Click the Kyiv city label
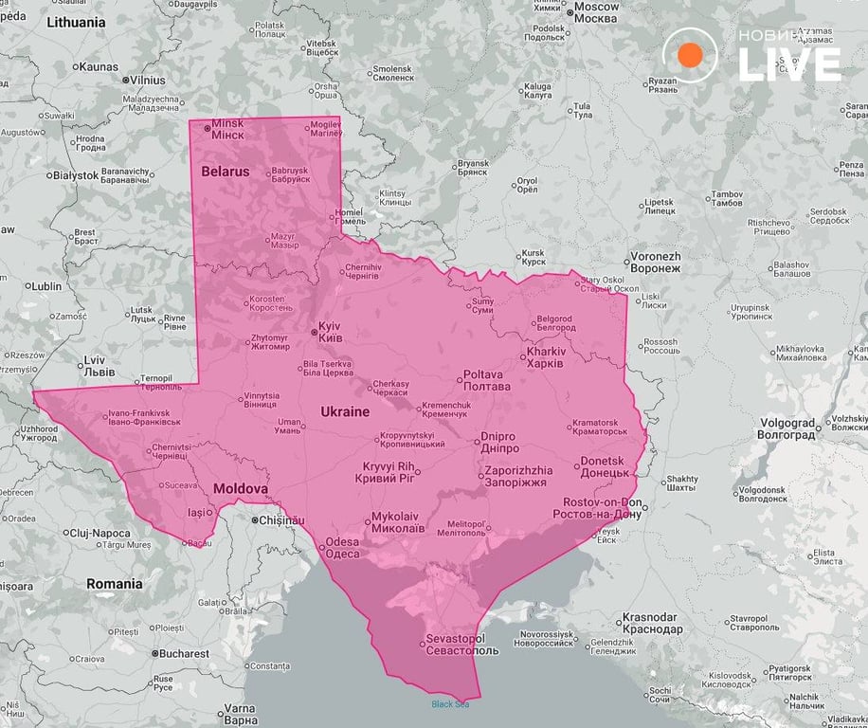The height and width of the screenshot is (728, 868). (x=330, y=332)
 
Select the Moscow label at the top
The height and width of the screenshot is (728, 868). (x=596, y=13)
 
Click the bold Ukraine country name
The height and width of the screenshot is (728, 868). (x=345, y=412)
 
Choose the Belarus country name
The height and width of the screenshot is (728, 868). (x=226, y=172)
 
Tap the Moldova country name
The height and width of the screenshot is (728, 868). (x=240, y=488)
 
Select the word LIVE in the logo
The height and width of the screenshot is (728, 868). (x=789, y=64)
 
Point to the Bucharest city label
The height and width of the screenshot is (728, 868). (x=184, y=653)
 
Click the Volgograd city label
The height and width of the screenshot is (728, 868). (x=787, y=428)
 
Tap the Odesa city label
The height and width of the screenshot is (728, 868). (x=342, y=548)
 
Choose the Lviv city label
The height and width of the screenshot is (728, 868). (x=94, y=366)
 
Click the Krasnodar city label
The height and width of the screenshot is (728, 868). (x=652, y=623)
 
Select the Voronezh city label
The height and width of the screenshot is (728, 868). (x=655, y=263)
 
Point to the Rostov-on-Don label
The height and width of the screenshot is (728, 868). (x=603, y=507)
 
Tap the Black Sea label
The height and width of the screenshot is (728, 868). (x=450, y=703)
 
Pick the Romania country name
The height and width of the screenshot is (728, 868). (x=115, y=584)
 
